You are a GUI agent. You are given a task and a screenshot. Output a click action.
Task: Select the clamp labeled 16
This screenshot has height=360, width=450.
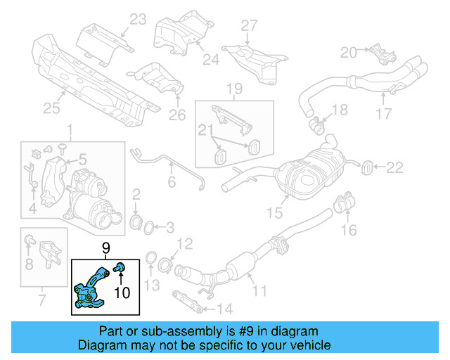click(342, 205)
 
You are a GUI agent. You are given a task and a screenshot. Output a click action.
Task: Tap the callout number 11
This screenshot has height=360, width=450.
click(260, 289)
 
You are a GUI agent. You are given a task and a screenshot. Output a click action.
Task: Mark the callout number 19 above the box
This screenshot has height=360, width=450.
click(234, 88)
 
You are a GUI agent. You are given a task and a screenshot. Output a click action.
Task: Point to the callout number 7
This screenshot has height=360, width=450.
click(41, 302)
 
